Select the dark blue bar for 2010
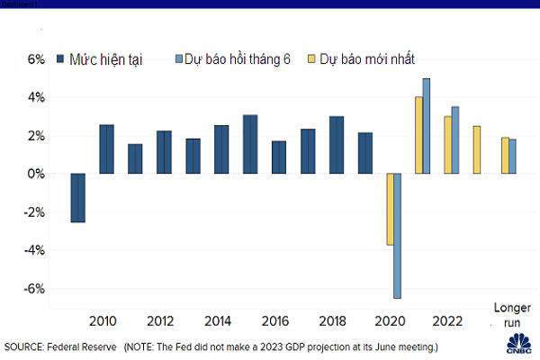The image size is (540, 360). (x=106, y=149)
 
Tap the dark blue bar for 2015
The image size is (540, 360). (x=250, y=144)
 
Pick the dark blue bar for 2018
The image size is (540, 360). (x=337, y=145)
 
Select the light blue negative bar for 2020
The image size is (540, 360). (x=398, y=236)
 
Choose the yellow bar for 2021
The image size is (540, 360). (x=418, y=135)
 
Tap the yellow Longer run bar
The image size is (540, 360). (x=505, y=156)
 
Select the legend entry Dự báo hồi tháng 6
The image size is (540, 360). (x=235, y=60)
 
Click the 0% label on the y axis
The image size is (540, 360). (x=34, y=174)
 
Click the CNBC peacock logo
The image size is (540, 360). (x=518, y=343)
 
